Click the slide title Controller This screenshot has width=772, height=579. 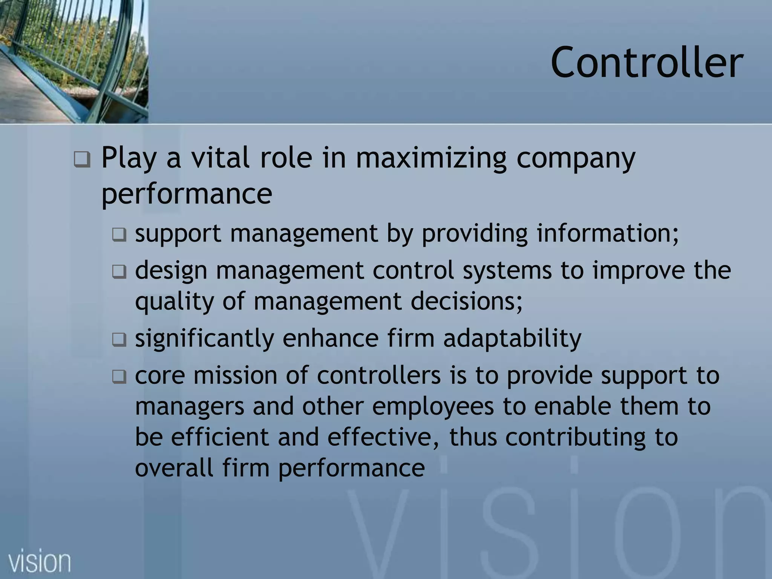tap(647, 62)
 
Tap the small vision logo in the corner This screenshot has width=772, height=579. tap(40, 562)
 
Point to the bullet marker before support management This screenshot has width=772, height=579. tap(119, 236)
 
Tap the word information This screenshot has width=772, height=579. tap(607, 233)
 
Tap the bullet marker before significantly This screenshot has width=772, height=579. tap(119, 340)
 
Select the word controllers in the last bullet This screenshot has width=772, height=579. tap(378, 375)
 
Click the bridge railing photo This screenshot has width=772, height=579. tap(74, 60)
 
